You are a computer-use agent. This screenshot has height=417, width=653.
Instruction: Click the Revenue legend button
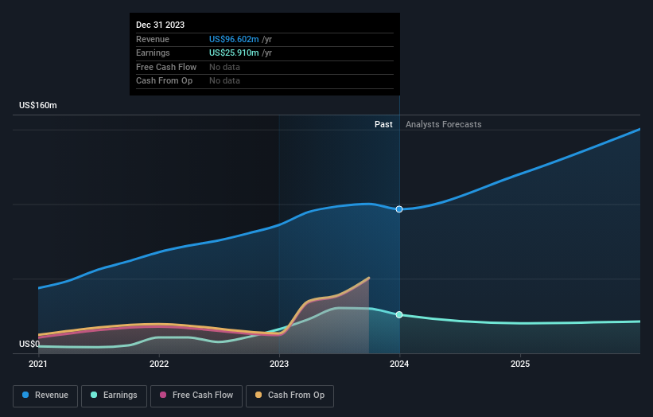[46, 396]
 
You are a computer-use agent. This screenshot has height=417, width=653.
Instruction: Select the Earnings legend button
[114, 396]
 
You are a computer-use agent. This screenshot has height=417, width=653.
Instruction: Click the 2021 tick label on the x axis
[38, 364]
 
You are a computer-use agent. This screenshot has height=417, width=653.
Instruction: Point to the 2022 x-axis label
[159, 364]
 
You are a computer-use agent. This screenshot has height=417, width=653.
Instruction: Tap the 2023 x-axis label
[279, 364]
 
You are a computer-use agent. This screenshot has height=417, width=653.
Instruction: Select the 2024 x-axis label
[399, 364]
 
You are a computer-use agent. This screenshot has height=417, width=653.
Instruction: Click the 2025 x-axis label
[520, 364]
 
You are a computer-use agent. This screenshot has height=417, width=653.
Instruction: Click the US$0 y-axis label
[29, 345]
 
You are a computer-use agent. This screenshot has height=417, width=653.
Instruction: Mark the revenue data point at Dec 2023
[399, 209]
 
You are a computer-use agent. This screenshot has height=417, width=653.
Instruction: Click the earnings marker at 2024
[399, 314]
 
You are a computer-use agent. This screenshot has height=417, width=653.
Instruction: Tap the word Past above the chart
[383, 124]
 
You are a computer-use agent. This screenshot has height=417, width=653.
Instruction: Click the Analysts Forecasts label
[443, 124]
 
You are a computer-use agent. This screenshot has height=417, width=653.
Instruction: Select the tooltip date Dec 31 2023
[160, 25]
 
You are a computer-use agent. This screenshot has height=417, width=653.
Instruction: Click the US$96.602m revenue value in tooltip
[235, 39]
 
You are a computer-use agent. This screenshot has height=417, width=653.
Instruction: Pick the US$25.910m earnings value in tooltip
[235, 53]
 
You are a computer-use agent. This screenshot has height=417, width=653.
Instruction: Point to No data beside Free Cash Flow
[224, 67]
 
